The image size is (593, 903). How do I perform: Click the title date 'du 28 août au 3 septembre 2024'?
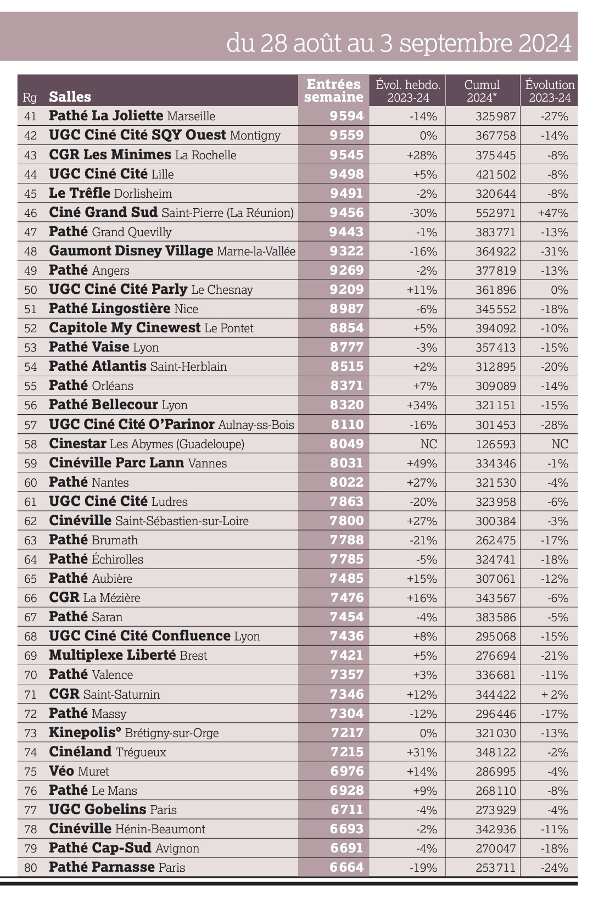tap(399, 42)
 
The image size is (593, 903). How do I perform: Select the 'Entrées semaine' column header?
tap(334, 91)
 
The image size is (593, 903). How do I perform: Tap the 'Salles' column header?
tap(70, 97)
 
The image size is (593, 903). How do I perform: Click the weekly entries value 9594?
tap(346, 116)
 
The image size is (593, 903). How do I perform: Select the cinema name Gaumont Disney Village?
tap(131, 251)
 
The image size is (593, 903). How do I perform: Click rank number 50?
tap(30, 290)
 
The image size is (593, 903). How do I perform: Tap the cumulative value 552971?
tap(495, 213)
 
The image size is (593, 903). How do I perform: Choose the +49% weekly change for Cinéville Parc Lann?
tap(422, 463)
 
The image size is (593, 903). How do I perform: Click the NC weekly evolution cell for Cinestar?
tap(428, 444)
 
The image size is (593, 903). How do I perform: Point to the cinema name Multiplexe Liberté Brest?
tap(128, 655)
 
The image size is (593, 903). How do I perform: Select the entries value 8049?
tap(346, 444)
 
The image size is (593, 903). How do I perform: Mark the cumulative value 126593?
tap(495, 444)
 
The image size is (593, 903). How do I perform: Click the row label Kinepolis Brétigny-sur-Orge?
tap(133, 733)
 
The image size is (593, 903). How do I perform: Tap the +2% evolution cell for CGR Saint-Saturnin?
tap(555, 694)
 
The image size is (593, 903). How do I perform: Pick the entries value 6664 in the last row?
tap(346, 867)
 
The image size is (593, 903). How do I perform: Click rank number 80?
tap(30, 868)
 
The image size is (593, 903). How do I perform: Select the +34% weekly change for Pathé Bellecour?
tap(422, 405)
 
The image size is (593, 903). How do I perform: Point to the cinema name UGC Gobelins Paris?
tap(113, 810)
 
